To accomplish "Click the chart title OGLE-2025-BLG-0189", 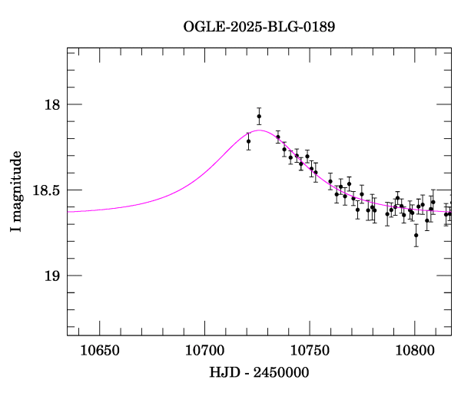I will point(259,27).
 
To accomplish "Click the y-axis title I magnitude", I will point(15,192).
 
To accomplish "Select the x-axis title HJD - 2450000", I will point(259,372).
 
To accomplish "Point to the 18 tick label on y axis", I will point(52,105).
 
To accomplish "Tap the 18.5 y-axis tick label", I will point(46,190).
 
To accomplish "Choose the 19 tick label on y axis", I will point(52,276).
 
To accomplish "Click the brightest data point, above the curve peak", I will point(259,116).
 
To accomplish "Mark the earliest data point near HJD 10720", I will point(248,141).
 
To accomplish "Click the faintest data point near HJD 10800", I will point(416,235).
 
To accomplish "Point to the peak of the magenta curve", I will point(260,130).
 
